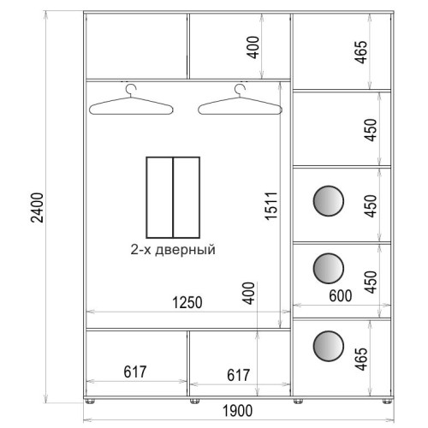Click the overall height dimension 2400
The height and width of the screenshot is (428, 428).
tap(37, 207)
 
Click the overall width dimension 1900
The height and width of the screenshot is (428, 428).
tap(237, 411)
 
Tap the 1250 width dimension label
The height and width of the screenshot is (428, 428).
tap(187, 303)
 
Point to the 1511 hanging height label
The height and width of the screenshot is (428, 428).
tap(271, 206)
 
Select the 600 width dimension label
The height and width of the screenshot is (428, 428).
tap(341, 296)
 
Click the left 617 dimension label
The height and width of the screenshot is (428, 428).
tap(135, 372)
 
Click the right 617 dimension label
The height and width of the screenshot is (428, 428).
tap(238, 375)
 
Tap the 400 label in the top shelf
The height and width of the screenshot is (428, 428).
tap(253, 47)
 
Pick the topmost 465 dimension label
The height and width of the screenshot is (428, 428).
tap(360, 52)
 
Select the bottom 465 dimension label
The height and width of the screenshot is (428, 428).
tap(361, 359)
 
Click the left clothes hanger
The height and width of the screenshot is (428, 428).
tap(131, 100)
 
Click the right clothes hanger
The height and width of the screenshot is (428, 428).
tap(241, 99)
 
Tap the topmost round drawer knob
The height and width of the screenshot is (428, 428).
tap(328, 201)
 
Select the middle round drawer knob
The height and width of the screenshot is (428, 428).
tap(328, 268)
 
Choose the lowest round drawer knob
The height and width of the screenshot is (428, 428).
tap(328, 346)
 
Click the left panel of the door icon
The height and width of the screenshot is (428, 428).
tap(159, 198)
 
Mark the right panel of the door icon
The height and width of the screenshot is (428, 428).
tap(187, 198)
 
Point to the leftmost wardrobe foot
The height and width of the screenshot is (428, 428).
tap(90, 401)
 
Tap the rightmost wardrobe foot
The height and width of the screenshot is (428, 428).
tap(387, 401)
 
